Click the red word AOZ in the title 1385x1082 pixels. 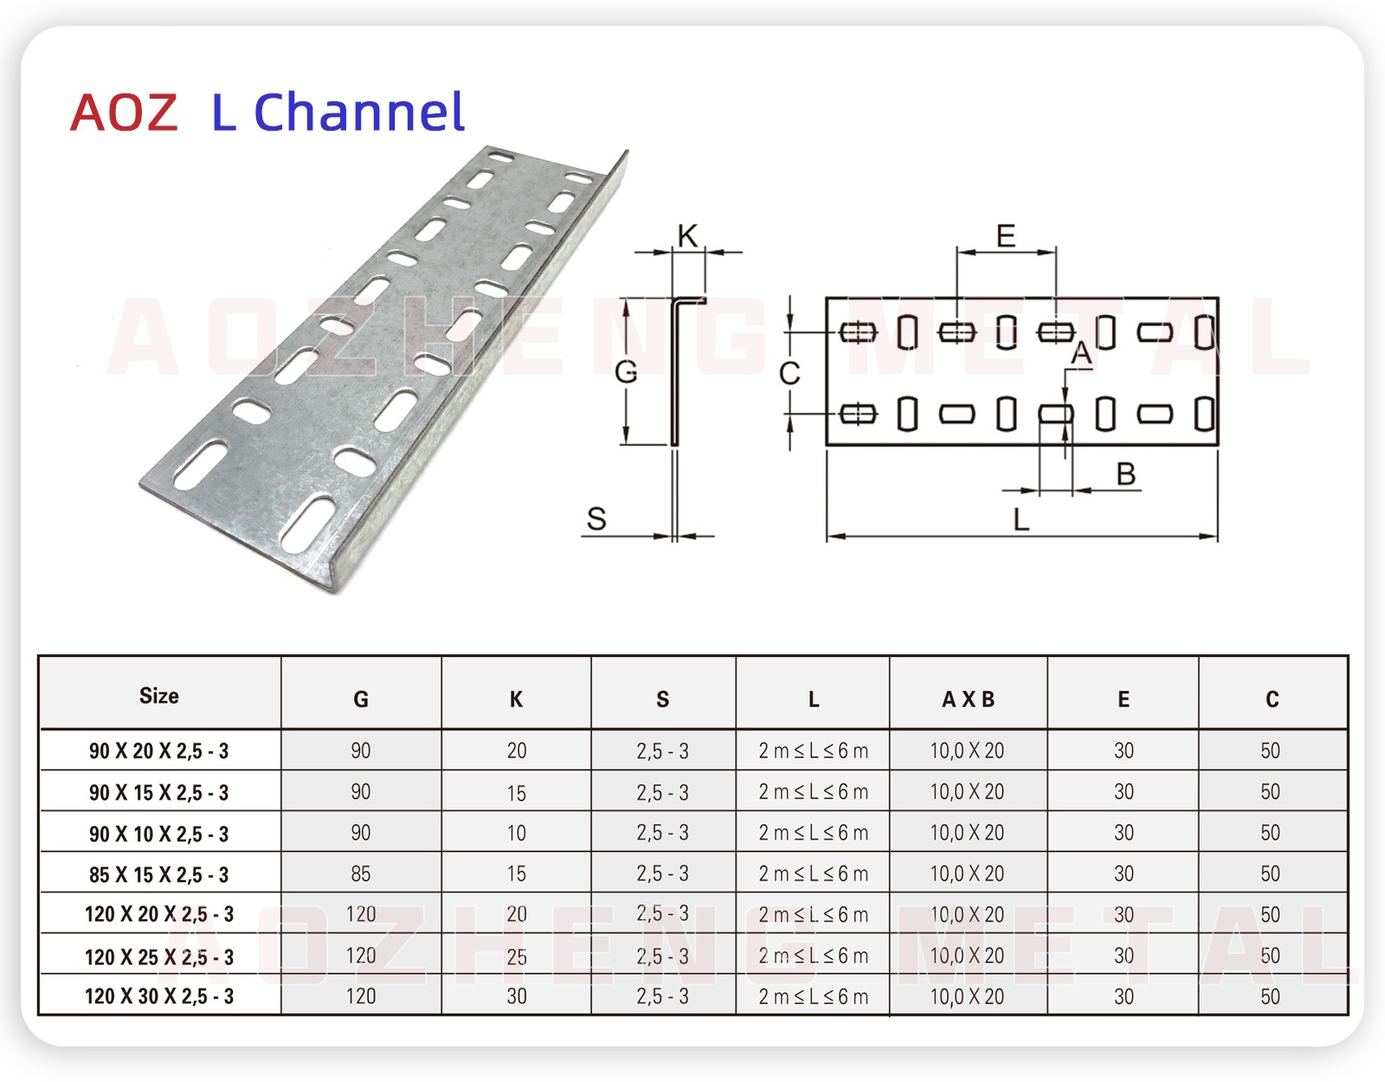(x=124, y=113)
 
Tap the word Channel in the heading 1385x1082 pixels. (x=359, y=113)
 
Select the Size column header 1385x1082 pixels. (x=159, y=696)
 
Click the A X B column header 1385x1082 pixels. (x=968, y=699)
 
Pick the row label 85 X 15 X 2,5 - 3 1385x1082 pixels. (x=159, y=875)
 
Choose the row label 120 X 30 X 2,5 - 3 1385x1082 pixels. (x=159, y=996)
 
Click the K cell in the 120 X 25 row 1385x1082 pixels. (x=517, y=956)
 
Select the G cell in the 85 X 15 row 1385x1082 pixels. (x=361, y=874)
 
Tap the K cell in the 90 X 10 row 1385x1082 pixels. (x=517, y=834)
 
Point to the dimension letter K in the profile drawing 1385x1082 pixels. (x=687, y=235)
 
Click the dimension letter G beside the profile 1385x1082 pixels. (x=625, y=372)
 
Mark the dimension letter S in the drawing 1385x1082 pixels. (x=596, y=519)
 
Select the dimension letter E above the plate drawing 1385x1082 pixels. (x=1006, y=235)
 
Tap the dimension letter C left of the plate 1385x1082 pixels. (x=789, y=374)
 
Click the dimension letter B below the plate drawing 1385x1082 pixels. (x=1125, y=474)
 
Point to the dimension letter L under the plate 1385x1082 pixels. (x=1021, y=519)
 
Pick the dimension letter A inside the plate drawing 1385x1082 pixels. (x=1081, y=354)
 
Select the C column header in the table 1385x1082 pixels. (x=1272, y=699)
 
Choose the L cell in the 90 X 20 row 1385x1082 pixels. (x=813, y=750)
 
